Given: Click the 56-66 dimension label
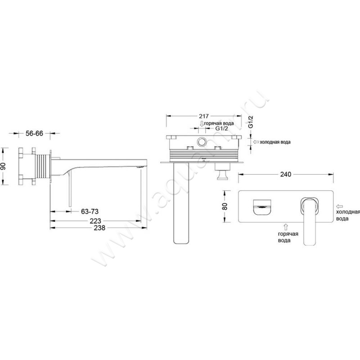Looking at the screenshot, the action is pyautogui.click(x=34, y=133).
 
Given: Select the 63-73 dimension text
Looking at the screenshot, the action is pyautogui.click(x=90, y=211).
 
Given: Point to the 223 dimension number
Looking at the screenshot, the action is pyautogui.click(x=95, y=221).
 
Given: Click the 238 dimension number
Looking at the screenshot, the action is pyautogui.click(x=99, y=228).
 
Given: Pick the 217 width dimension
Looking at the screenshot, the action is pyautogui.click(x=204, y=116).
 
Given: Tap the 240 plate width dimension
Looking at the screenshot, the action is pyautogui.click(x=286, y=175).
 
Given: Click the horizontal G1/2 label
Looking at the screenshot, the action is pyautogui.click(x=221, y=129).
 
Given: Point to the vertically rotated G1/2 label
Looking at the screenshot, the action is pyautogui.click(x=251, y=122).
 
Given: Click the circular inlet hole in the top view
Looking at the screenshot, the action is pyautogui.click(x=202, y=142).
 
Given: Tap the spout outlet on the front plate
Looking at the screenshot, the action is pyautogui.click(x=262, y=207).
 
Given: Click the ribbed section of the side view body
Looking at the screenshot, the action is pyautogui.click(x=43, y=166).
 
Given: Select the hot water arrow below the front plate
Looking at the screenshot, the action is pyautogui.click(x=286, y=227).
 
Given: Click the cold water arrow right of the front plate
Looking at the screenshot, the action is pyautogui.click(x=340, y=207).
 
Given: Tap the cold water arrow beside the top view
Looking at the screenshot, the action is pyautogui.click(x=256, y=142).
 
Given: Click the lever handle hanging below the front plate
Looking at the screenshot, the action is pyautogui.click(x=310, y=222).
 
